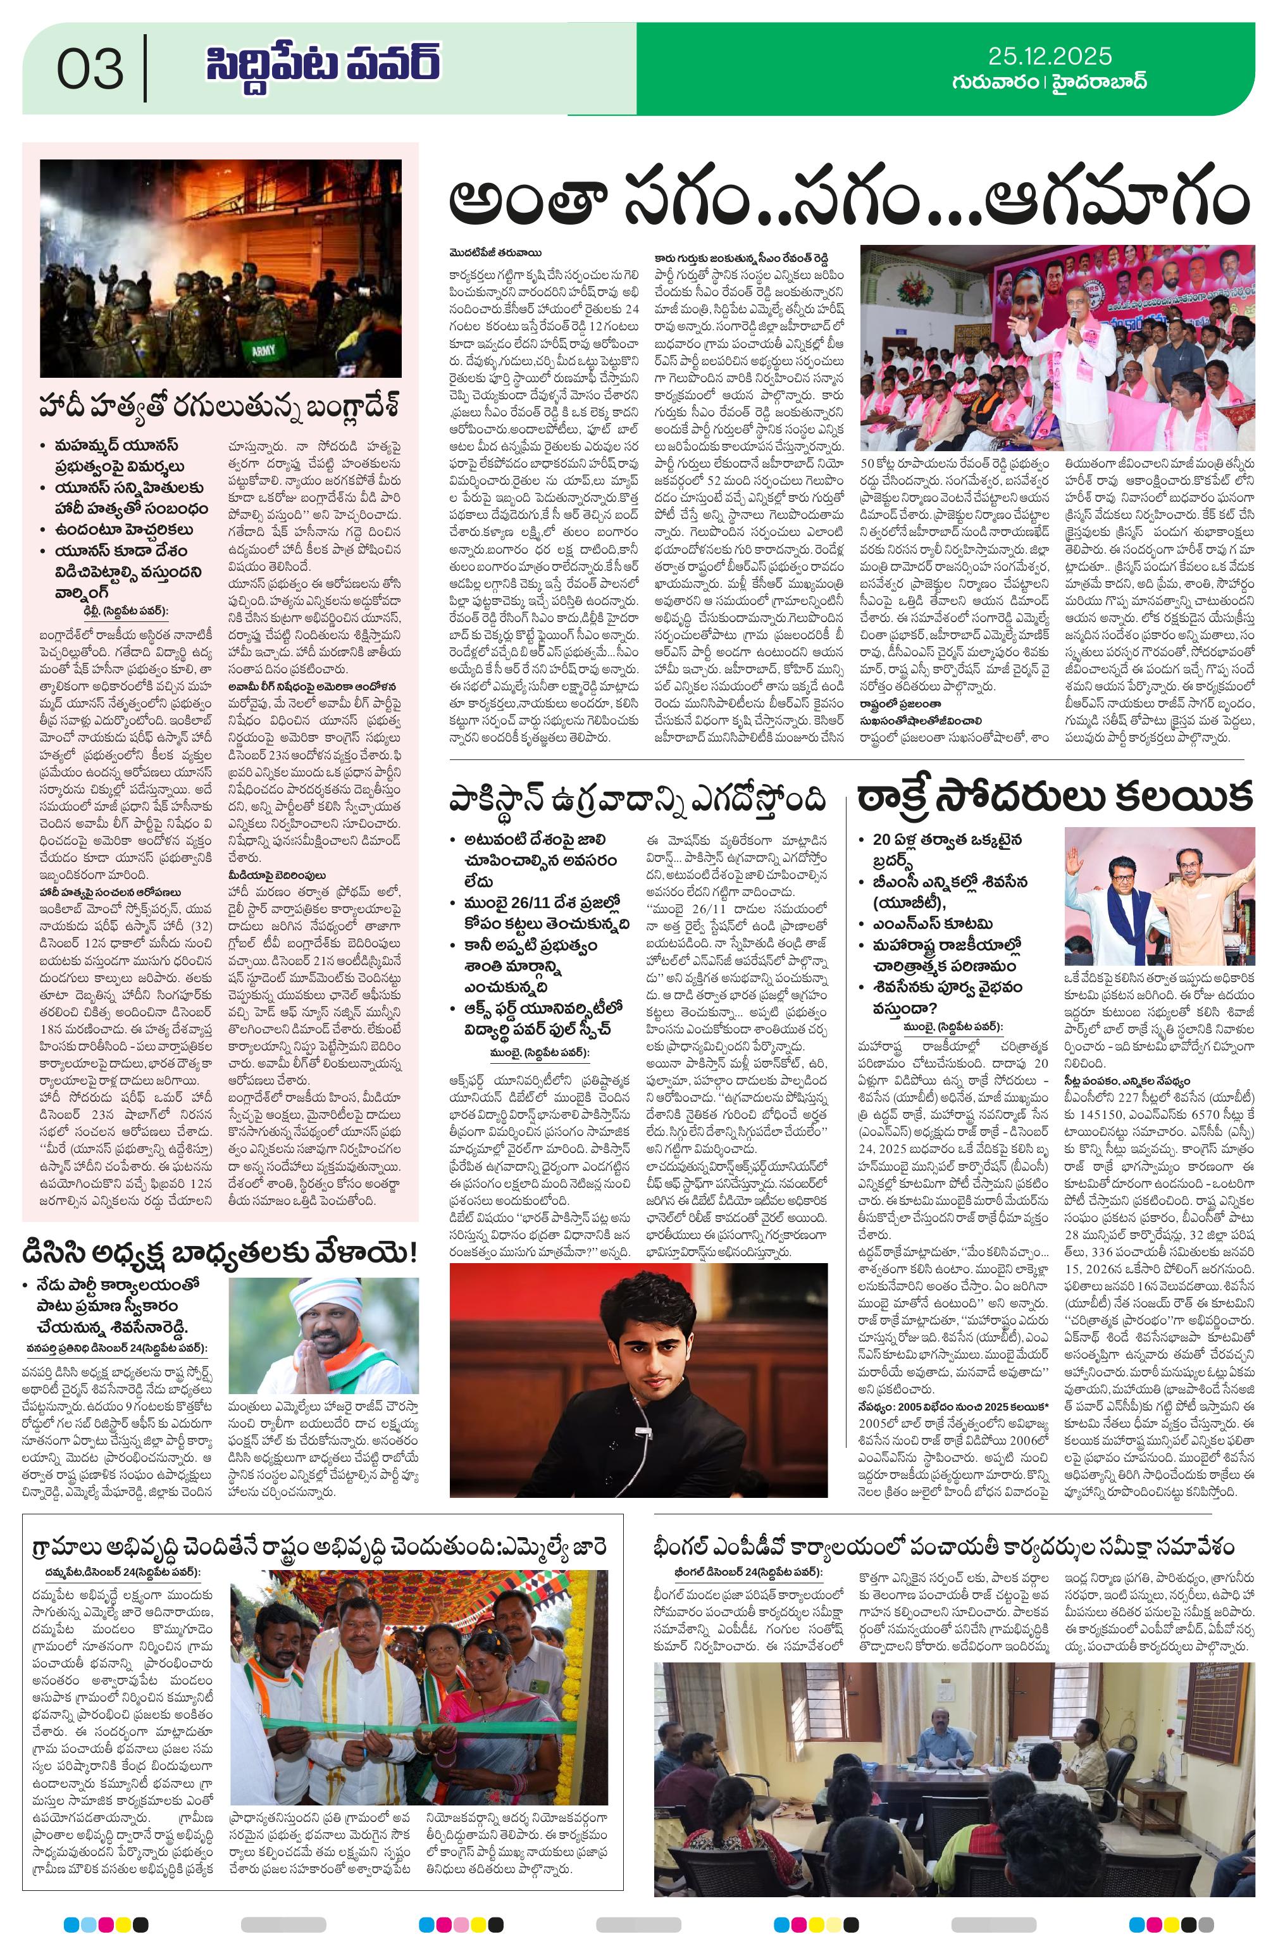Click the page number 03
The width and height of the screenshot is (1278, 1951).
click(x=90, y=69)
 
